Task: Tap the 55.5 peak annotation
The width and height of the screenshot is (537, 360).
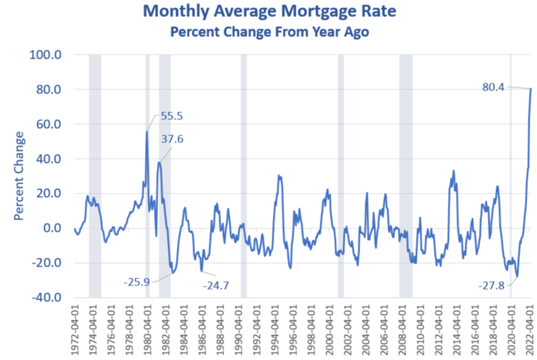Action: pyautogui.click(x=171, y=116)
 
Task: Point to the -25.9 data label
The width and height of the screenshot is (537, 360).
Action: pyautogui.click(x=138, y=281)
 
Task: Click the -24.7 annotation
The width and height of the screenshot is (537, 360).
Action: pyautogui.click(x=216, y=285)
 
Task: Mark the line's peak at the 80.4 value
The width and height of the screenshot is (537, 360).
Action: pyautogui.click(x=531, y=89)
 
